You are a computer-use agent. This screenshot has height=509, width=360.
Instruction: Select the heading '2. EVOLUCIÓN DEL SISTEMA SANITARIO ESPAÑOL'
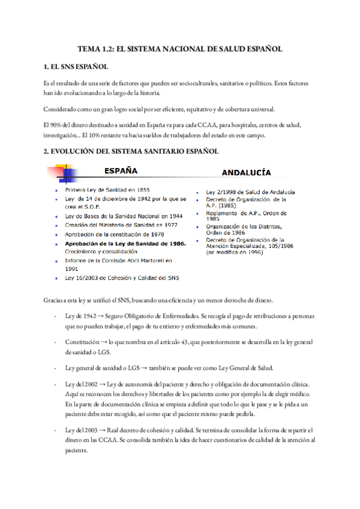(131, 151)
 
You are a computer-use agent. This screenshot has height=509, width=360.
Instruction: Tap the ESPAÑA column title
(124, 170)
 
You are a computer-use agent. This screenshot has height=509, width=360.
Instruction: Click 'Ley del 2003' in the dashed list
(81, 431)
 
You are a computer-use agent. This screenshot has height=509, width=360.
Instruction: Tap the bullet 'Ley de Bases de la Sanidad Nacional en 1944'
(116, 215)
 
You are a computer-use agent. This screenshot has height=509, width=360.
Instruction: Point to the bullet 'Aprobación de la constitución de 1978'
(114, 234)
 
